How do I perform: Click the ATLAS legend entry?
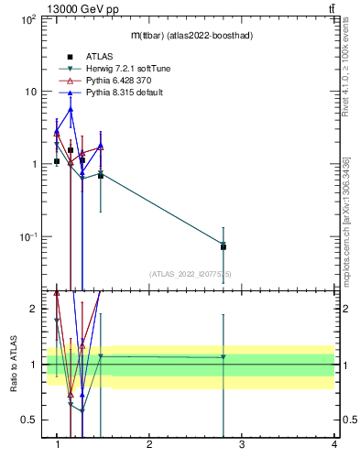coord(100,57)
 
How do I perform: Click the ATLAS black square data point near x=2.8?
coord(224,246)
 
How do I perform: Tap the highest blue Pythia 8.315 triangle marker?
coord(71,109)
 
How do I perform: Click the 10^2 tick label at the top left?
coord(27,18)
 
